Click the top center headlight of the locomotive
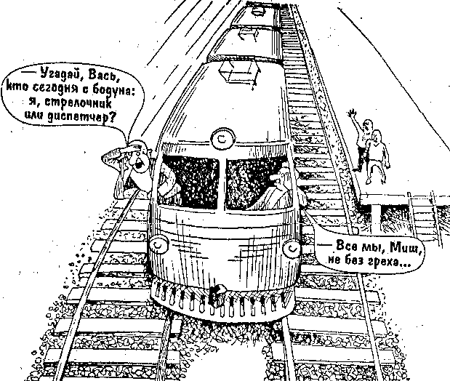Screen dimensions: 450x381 (x=223, y=140)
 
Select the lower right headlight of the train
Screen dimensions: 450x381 (x=291, y=247)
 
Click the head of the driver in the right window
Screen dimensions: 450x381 (x=280, y=177)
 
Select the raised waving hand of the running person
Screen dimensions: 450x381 (x=352, y=114)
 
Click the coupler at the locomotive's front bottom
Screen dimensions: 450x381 (x=216, y=295)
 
